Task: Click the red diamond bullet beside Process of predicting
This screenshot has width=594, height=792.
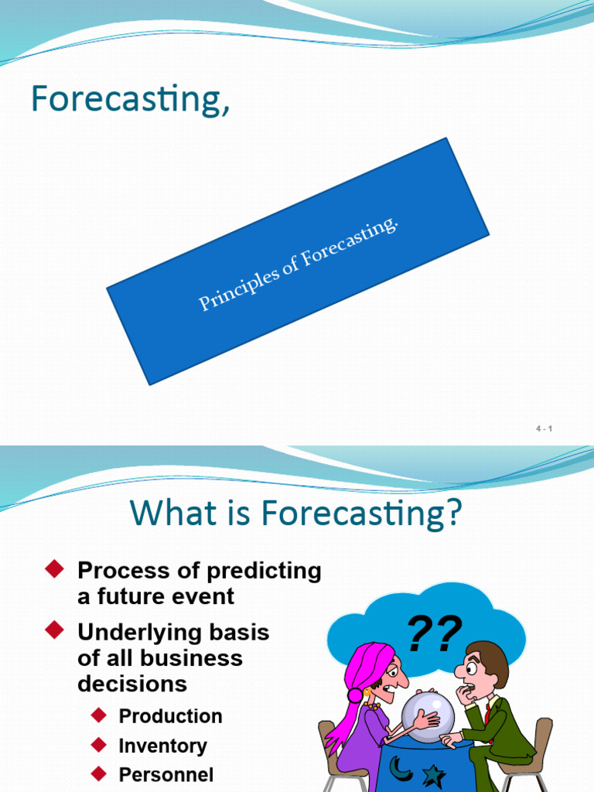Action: [x=53, y=571]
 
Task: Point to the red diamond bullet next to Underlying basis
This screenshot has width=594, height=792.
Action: [x=53, y=632]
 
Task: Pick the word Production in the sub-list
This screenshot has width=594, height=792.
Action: [x=170, y=716]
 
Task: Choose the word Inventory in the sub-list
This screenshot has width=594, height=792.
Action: [x=162, y=746]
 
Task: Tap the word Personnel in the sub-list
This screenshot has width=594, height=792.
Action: [x=166, y=774]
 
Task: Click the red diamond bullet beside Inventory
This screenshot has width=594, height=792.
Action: [x=97, y=746]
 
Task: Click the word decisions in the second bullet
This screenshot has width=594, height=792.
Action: [x=132, y=684]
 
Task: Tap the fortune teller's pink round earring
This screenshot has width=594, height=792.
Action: [x=355, y=695]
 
